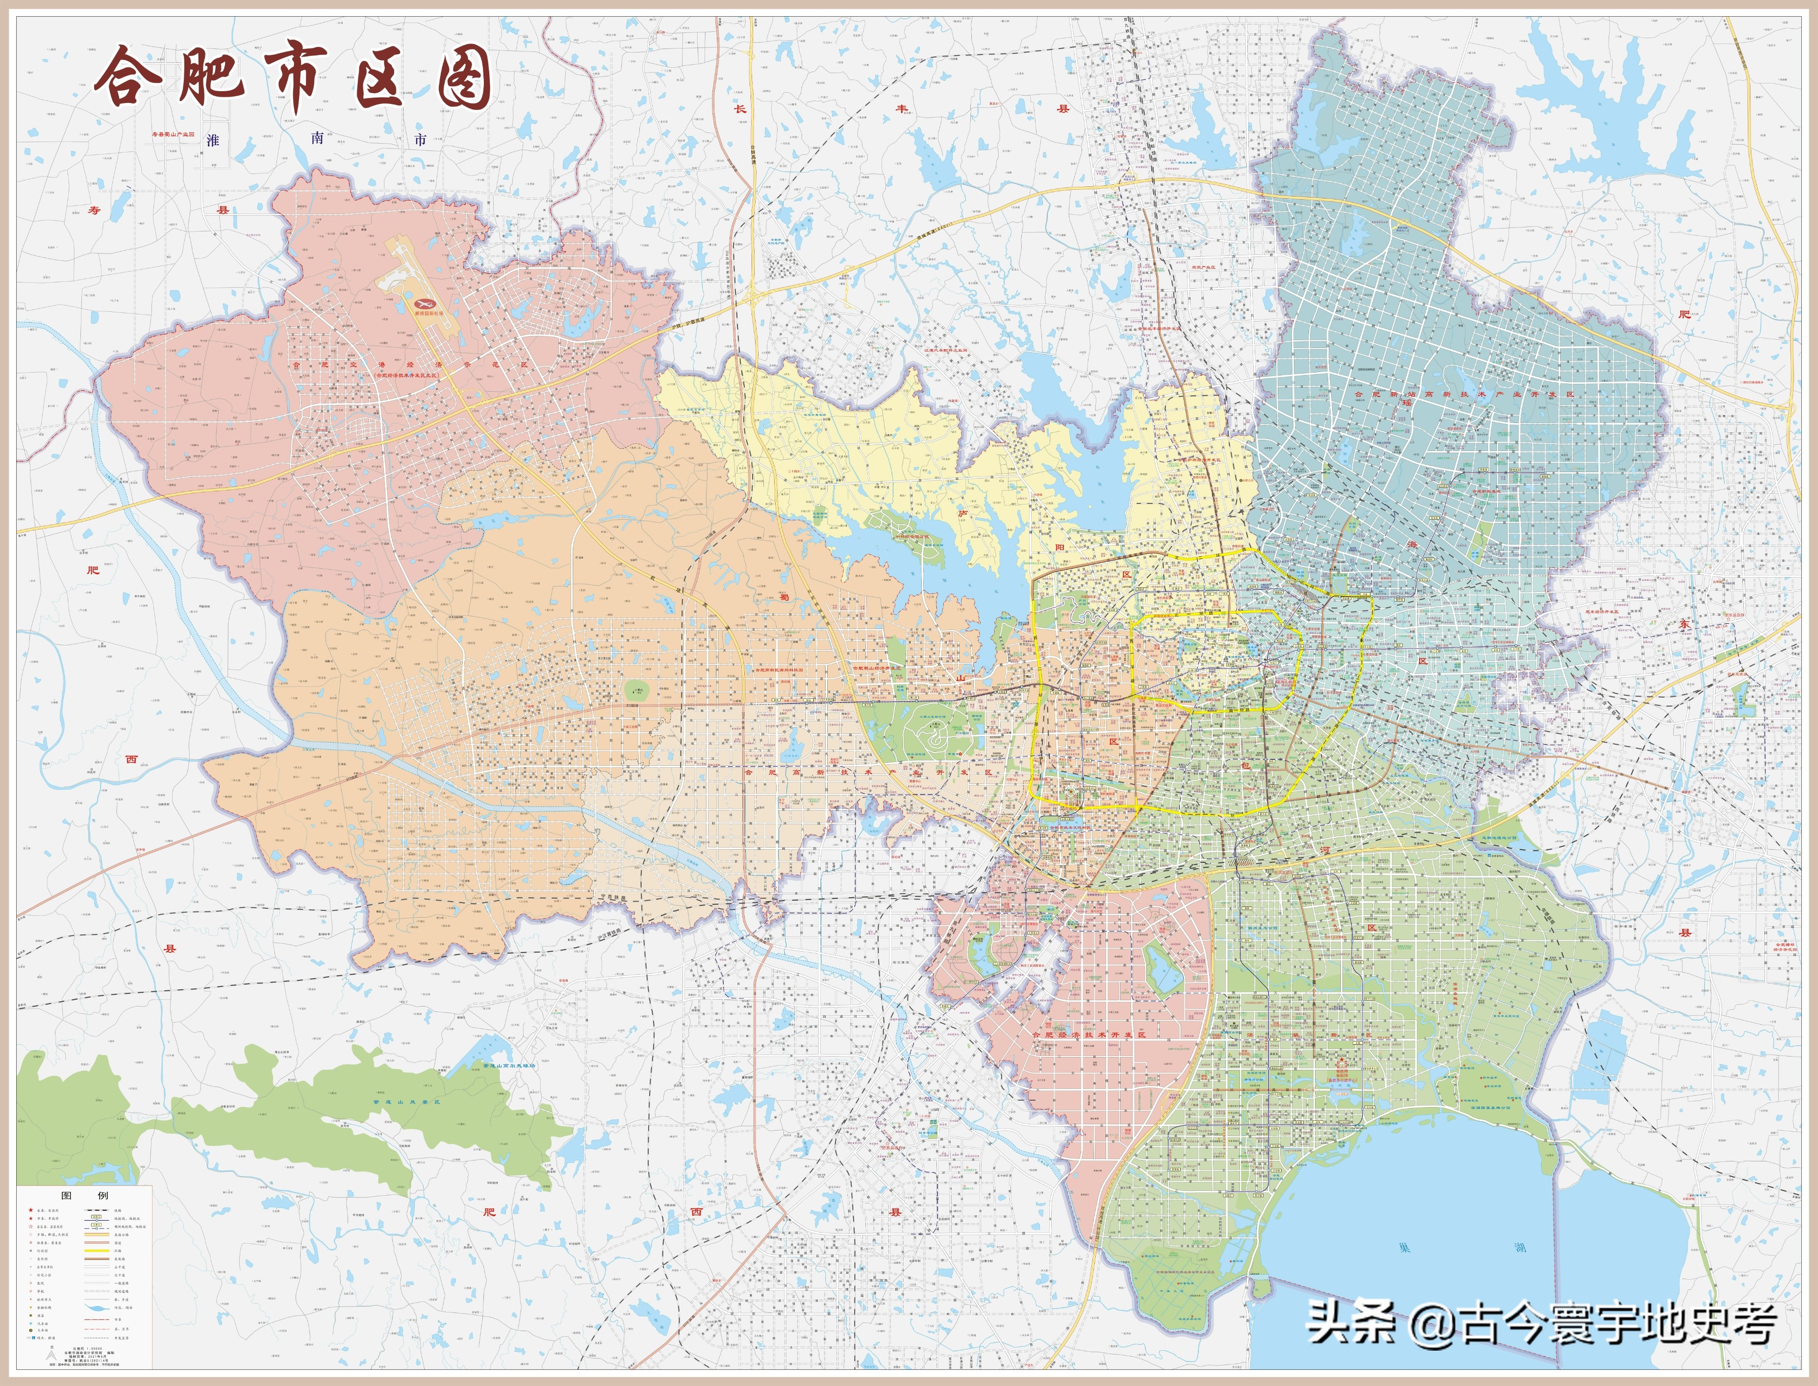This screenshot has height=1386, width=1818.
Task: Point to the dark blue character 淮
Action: tap(213, 140)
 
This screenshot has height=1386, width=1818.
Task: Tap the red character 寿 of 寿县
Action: tap(94, 210)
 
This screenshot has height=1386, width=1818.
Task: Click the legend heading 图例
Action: tap(85, 1195)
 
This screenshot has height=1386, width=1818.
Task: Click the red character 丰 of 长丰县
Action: tap(903, 108)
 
